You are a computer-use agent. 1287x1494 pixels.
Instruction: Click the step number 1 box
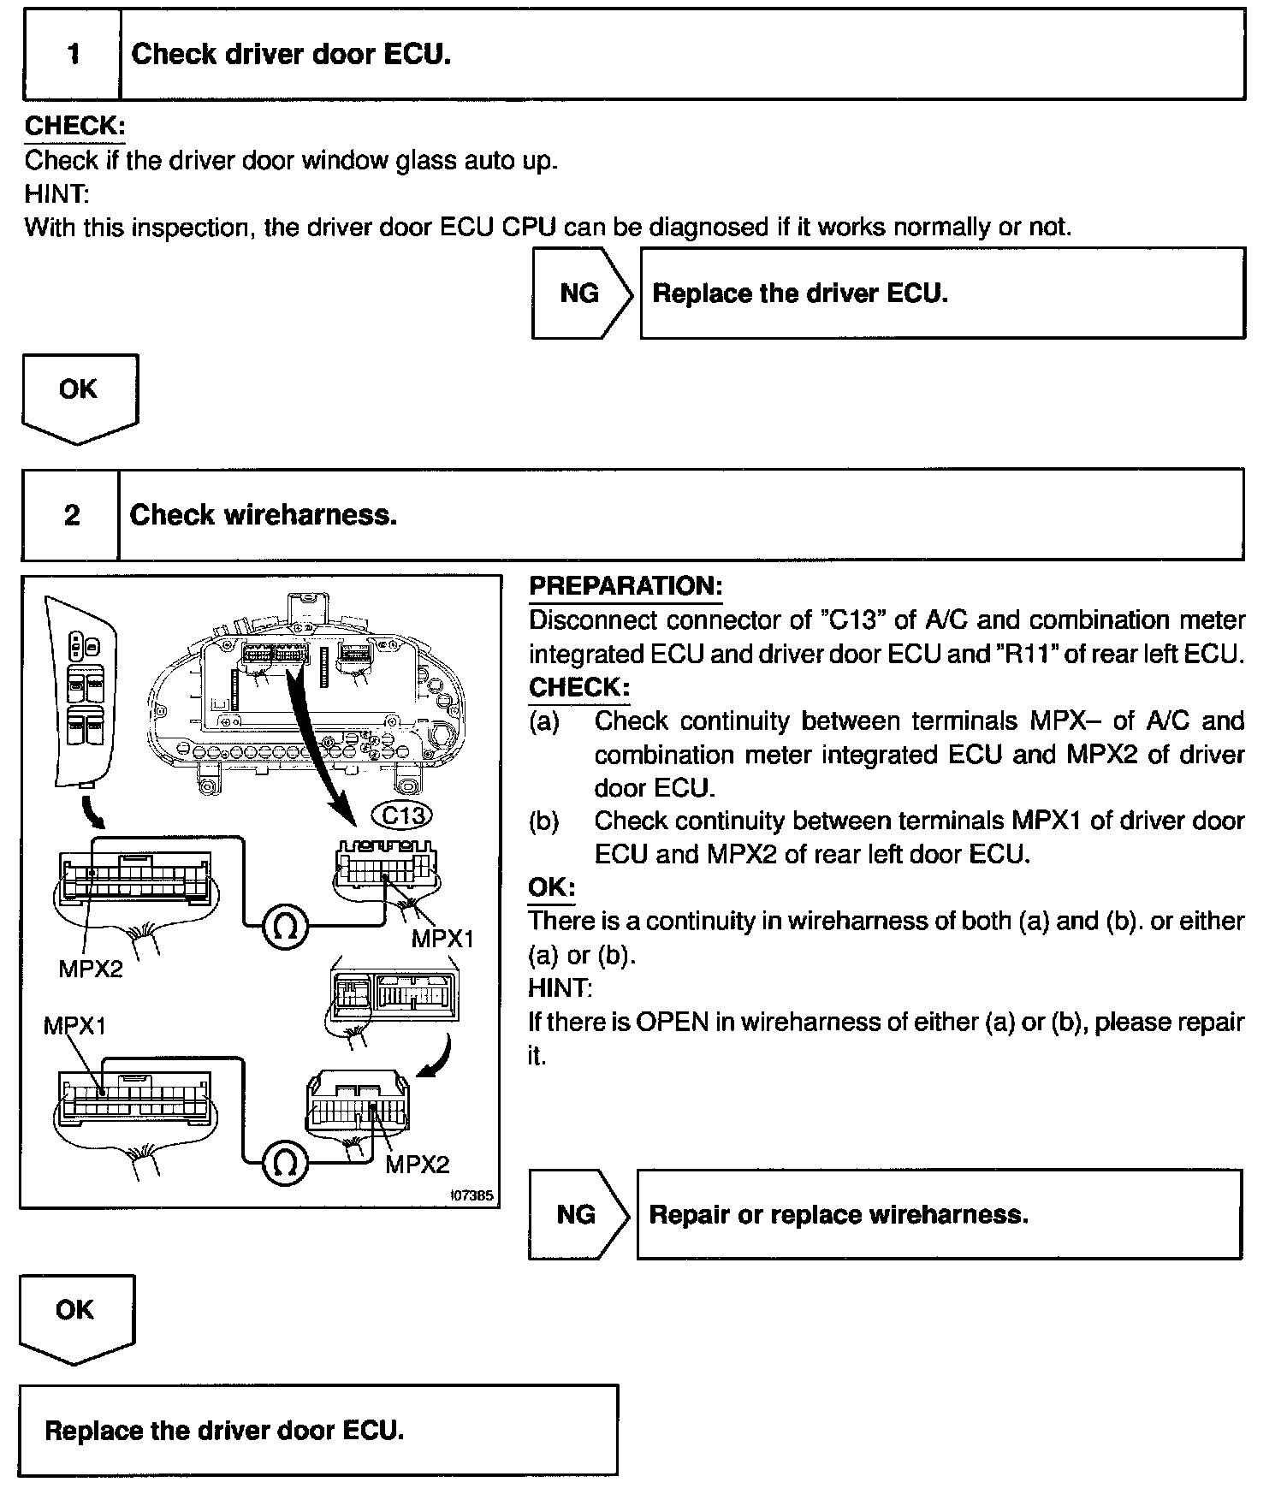[73, 55]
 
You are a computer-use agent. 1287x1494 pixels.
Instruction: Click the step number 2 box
[72, 515]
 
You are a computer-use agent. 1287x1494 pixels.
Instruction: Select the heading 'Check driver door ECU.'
[291, 55]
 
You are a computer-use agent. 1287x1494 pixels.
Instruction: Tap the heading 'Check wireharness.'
[264, 515]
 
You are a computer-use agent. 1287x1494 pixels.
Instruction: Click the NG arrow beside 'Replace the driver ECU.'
[581, 294]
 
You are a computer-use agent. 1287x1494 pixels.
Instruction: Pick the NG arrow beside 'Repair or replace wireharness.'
[578, 1214]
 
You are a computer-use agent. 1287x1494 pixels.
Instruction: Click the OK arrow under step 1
[79, 395]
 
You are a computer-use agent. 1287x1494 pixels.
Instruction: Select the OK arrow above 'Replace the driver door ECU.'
[76, 1316]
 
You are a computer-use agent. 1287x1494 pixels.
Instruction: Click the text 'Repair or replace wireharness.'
[839, 1215]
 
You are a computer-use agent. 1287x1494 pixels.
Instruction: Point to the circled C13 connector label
[404, 815]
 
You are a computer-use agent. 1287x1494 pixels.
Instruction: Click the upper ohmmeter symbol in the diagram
[285, 926]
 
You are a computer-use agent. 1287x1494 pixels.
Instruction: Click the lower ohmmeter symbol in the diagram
[285, 1162]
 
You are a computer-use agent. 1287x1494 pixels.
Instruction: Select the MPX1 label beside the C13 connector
[442, 939]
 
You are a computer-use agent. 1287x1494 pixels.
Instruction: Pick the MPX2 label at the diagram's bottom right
[417, 1165]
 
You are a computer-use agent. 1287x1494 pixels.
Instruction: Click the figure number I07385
[472, 1196]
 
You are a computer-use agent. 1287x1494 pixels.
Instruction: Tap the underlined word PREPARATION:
[626, 587]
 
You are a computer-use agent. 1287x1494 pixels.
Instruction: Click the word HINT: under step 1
[56, 194]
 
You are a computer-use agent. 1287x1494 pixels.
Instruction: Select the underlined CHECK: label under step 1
[74, 127]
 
